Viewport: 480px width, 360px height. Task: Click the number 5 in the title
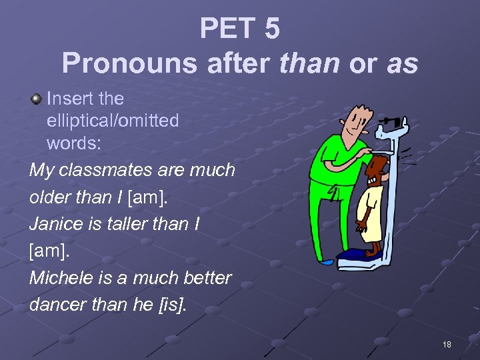(x=271, y=29)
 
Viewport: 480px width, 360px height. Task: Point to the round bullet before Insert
(x=36, y=99)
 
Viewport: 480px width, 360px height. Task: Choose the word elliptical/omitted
(x=113, y=121)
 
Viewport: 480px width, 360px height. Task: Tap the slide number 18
(x=447, y=344)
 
